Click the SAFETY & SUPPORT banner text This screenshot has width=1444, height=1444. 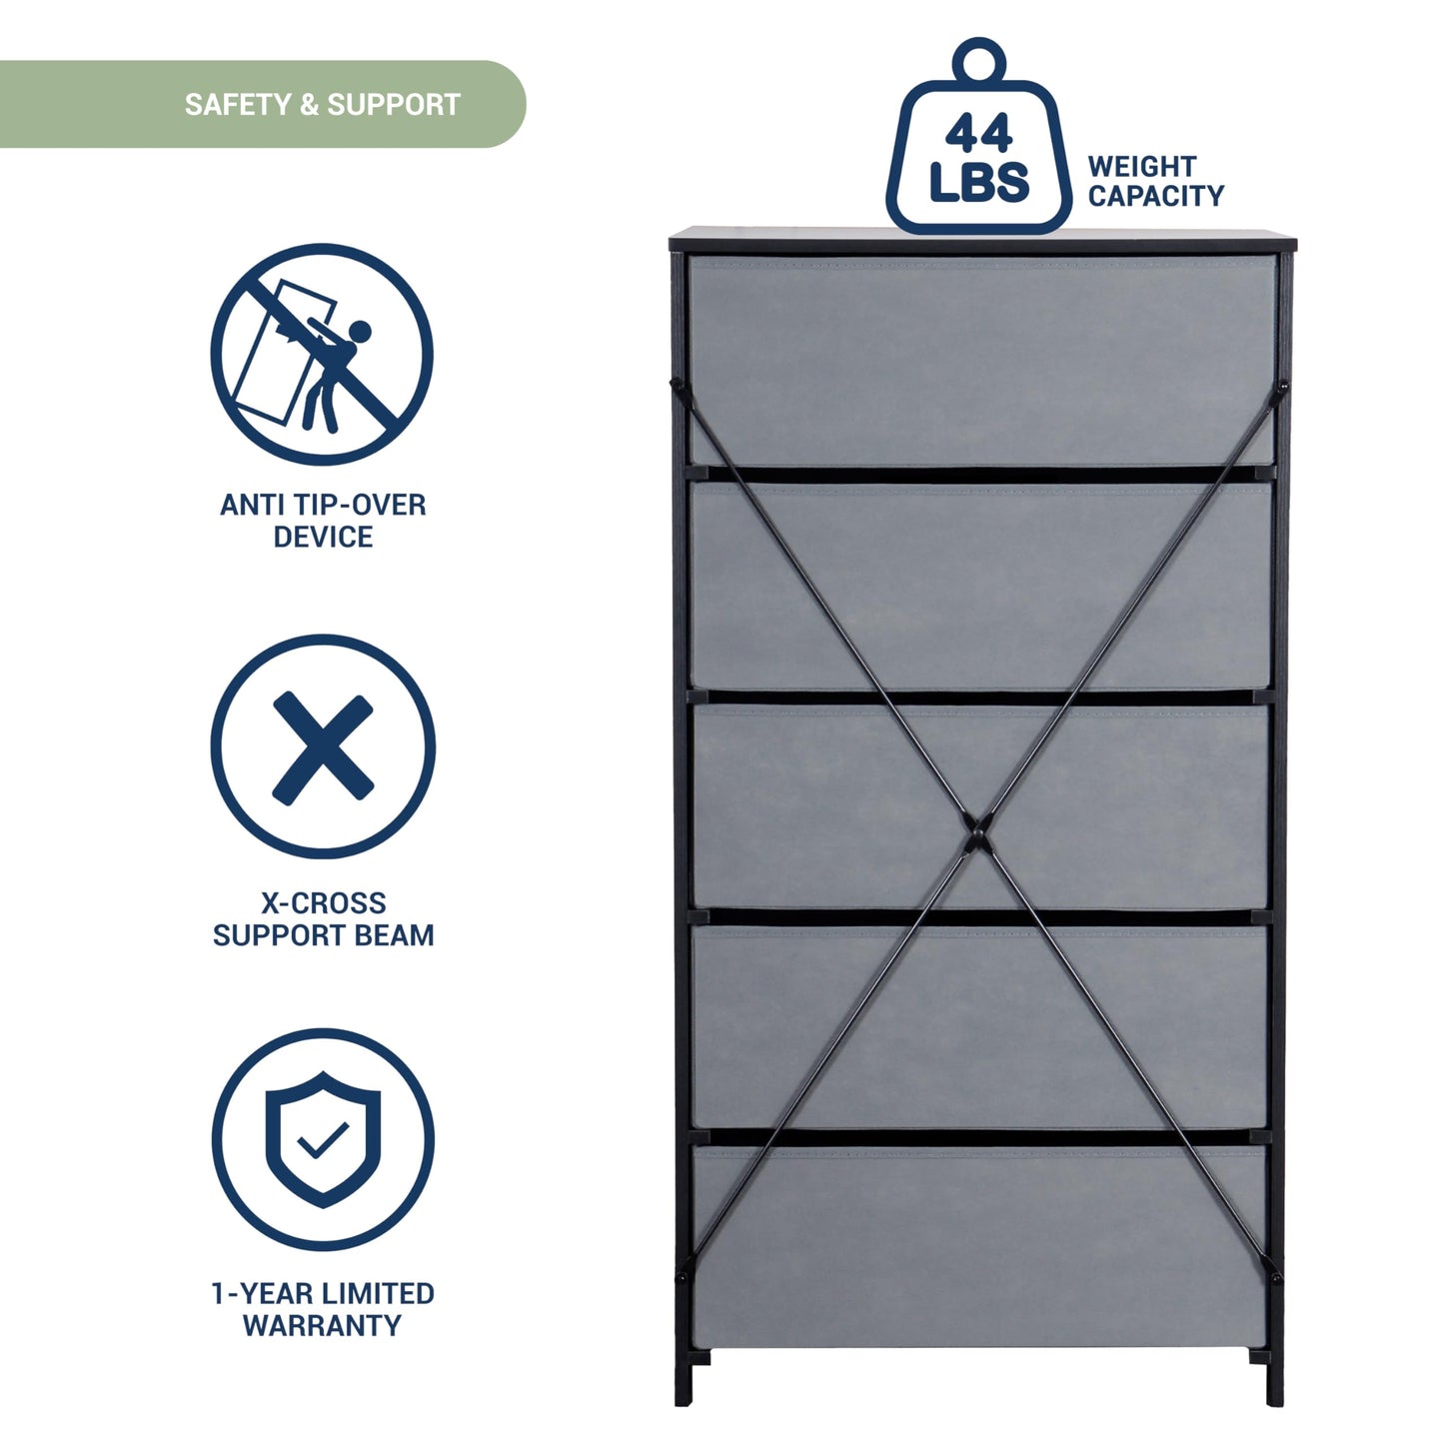click(x=322, y=104)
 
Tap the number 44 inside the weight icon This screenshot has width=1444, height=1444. click(x=978, y=134)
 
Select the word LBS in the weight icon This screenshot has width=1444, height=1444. click(x=978, y=182)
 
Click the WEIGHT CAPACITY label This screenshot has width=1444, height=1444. click(x=1155, y=181)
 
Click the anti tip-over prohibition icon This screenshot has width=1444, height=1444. click(x=322, y=354)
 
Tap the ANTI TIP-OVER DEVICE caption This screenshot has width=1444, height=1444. click(x=323, y=520)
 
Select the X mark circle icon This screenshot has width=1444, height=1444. click(x=323, y=747)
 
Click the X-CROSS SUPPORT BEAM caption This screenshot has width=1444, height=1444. click(x=323, y=918)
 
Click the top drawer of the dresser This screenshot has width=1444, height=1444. click(x=981, y=360)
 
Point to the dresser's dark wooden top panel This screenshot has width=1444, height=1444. click(x=982, y=239)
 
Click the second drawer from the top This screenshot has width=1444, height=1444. click(x=981, y=586)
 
